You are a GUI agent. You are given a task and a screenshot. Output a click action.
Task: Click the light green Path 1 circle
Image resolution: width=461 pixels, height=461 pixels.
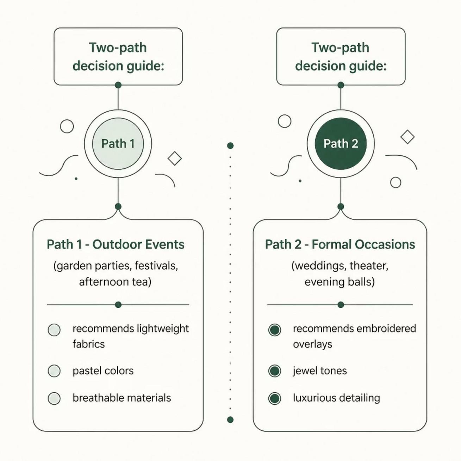(x=118, y=144)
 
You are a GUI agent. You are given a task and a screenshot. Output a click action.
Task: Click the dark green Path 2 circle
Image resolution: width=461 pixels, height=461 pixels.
(x=341, y=144)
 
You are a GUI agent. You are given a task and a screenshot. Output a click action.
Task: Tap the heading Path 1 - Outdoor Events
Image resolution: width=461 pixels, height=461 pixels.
(x=116, y=244)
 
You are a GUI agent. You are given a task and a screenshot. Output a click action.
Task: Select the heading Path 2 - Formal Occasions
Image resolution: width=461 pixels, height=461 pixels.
(x=340, y=244)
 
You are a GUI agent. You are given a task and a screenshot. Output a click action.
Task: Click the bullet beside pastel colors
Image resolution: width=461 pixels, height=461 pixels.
(x=54, y=371)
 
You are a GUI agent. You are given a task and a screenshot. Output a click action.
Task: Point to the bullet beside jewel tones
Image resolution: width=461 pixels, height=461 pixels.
(x=275, y=371)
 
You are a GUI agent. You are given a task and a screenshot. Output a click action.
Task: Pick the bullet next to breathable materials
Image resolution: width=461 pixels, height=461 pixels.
(x=54, y=398)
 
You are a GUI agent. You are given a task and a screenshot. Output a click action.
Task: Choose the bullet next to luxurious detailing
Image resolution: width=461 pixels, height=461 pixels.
(x=275, y=398)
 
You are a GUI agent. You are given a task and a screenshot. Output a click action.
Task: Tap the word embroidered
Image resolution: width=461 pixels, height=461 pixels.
(x=386, y=329)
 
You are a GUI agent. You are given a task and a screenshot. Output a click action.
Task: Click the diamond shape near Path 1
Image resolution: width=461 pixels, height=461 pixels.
(x=175, y=158)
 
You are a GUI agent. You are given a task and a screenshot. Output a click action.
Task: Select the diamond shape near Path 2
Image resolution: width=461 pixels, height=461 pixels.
(x=407, y=137)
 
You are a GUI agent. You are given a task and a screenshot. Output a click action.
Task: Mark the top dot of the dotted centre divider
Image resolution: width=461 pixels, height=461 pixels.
(x=230, y=145)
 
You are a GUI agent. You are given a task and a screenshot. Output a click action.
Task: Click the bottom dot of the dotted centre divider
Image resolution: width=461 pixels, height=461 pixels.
(x=230, y=419)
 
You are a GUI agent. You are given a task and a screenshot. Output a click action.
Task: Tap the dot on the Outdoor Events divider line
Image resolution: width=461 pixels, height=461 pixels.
(x=118, y=305)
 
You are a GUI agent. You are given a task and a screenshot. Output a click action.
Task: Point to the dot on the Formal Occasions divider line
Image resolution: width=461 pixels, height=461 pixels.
(x=341, y=305)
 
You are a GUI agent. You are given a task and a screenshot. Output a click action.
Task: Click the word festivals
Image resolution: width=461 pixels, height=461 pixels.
(x=156, y=266)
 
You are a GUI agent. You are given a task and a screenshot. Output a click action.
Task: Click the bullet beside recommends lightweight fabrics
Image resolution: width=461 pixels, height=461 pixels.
(x=54, y=330)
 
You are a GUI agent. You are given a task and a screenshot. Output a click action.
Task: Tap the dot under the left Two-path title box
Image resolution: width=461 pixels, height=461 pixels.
(x=118, y=85)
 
